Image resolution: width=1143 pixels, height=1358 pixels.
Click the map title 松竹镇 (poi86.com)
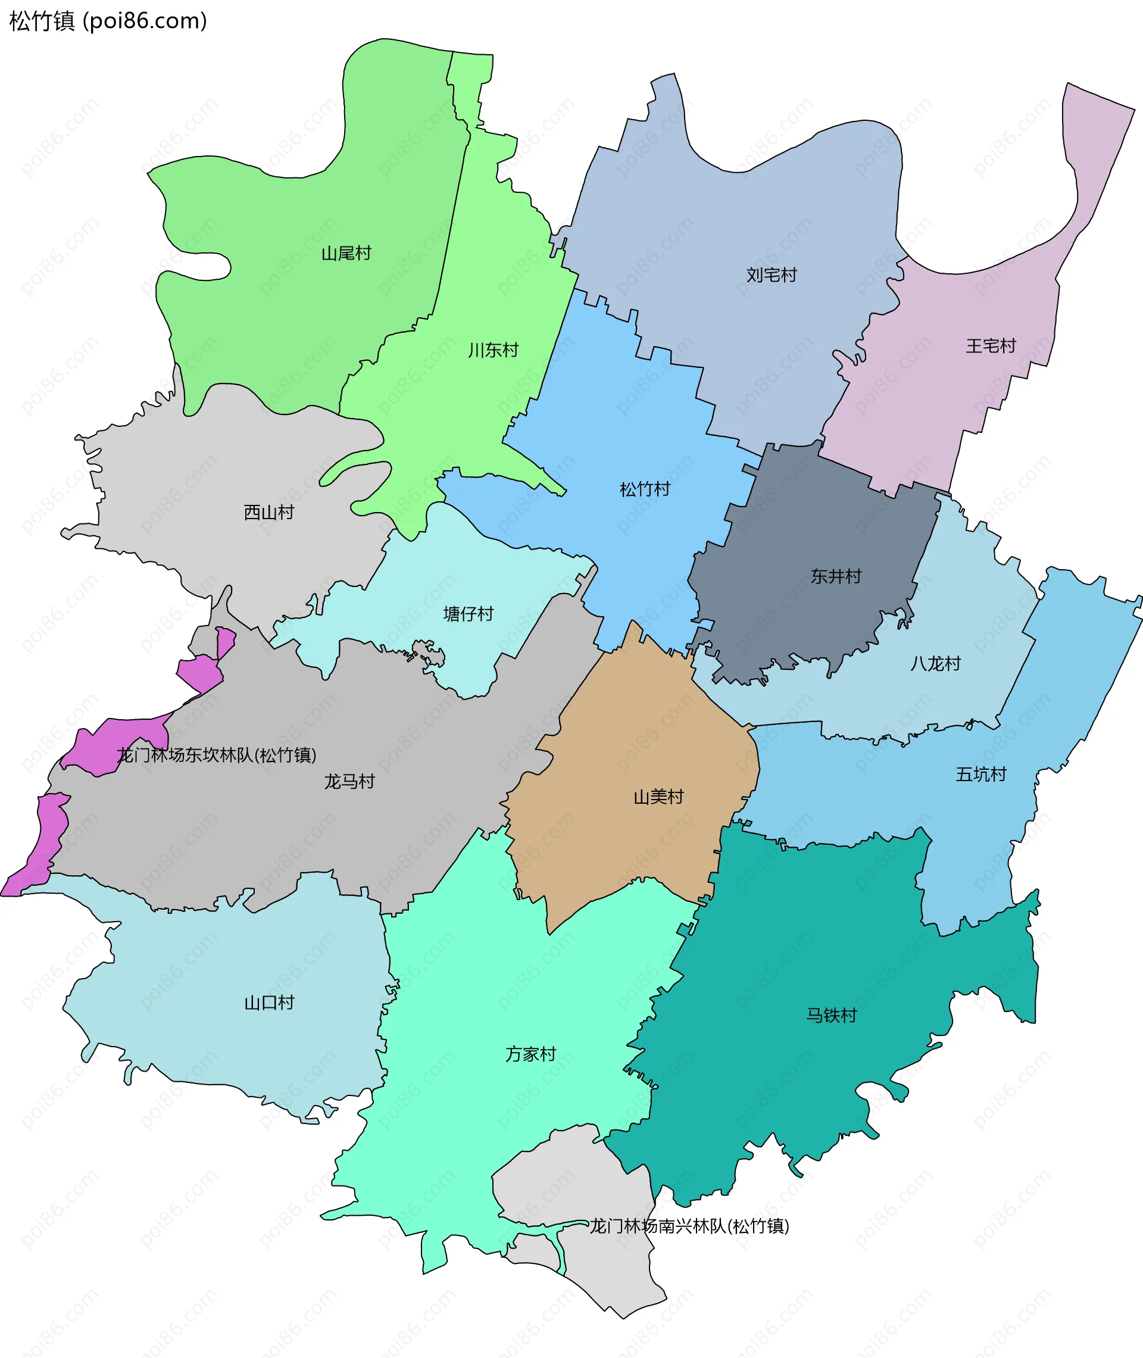108,21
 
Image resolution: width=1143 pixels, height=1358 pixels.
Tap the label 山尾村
346,254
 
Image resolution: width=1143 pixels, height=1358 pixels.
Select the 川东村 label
493,351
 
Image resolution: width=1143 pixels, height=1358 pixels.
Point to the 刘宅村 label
771,276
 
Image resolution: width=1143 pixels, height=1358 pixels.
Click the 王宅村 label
991,346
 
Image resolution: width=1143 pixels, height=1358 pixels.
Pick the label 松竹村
645,489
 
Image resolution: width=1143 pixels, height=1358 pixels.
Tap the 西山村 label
269,513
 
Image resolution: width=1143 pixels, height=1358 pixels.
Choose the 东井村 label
836,577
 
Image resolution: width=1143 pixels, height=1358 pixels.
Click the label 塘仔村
468,614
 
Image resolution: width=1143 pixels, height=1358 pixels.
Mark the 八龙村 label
935,663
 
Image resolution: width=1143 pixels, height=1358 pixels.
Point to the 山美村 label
658,797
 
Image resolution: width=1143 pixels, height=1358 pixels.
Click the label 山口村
269,1003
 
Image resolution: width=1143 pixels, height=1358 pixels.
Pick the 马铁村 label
831,1015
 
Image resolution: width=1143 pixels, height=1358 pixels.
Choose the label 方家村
530,1054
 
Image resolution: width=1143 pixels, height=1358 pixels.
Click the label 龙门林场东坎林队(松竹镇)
217,755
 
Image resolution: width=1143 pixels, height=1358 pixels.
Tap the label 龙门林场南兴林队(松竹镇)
689,1226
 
